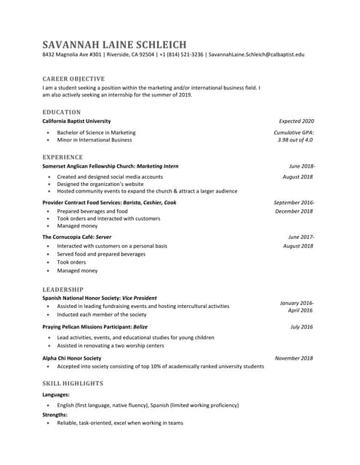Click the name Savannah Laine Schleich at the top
(x=114, y=44)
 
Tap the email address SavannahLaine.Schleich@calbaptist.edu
(x=256, y=54)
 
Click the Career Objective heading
(x=73, y=78)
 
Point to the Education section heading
(x=62, y=112)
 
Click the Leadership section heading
(x=63, y=289)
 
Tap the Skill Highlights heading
(x=72, y=382)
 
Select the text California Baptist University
(x=76, y=121)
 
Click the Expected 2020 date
(x=297, y=121)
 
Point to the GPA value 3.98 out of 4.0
(x=295, y=139)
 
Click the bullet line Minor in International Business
(x=95, y=139)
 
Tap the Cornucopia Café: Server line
(x=76, y=237)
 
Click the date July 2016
(x=301, y=327)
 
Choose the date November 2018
(x=294, y=358)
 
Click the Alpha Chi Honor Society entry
(x=72, y=358)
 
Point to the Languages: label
(x=56, y=395)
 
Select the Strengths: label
(x=55, y=414)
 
